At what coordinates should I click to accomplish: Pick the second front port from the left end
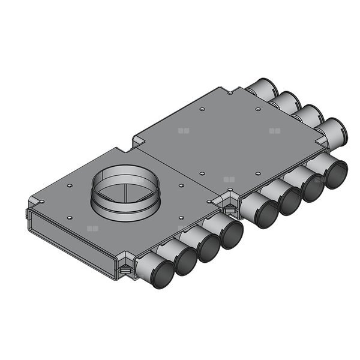[x=185, y=260]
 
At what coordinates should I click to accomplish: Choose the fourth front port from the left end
[x=231, y=235]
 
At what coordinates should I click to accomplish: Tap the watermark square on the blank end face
[x=91, y=229]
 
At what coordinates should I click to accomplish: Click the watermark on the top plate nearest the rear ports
[x=275, y=130]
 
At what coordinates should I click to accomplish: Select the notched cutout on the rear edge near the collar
[x=137, y=140]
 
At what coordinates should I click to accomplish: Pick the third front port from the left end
[x=208, y=248]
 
